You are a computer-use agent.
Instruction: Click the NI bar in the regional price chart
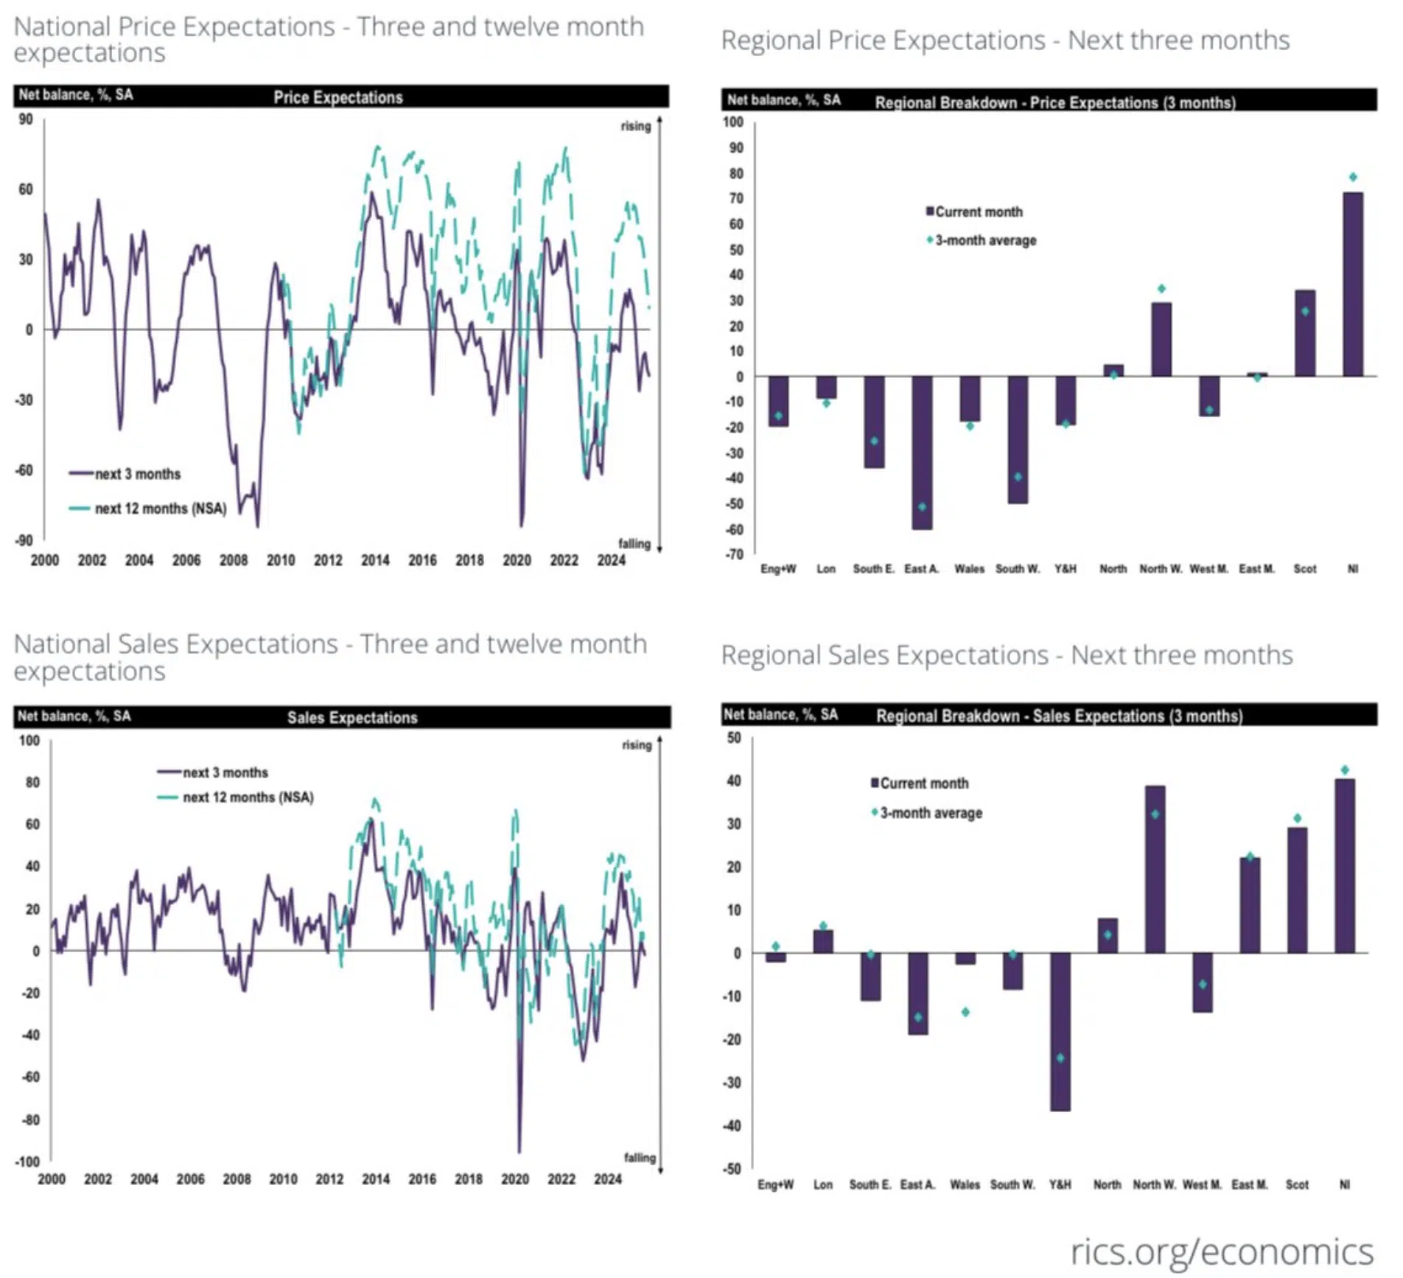pyautogui.click(x=1352, y=284)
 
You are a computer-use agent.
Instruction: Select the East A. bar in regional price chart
pyautogui.click(x=921, y=453)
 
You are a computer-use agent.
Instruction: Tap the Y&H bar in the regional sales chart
pyautogui.click(x=1060, y=1031)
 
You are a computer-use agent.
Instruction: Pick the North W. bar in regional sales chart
pyautogui.click(x=1155, y=870)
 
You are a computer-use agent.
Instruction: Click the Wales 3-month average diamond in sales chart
pyautogui.click(x=965, y=1012)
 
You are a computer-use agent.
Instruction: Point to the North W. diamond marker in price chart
pyautogui.click(x=1161, y=289)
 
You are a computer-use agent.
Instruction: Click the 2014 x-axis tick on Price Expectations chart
pyautogui.click(x=375, y=561)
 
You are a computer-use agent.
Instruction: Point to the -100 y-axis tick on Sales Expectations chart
pyautogui.click(x=29, y=1162)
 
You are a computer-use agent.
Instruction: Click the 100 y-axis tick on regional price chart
pyautogui.click(x=732, y=122)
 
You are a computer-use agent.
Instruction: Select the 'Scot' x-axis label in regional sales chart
pyautogui.click(x=1297, y=1184)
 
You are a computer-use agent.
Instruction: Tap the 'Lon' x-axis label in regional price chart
pyautogui.click(x=826, y=569)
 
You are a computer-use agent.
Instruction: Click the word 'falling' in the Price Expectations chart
pyautogui.click(x=634, y=544)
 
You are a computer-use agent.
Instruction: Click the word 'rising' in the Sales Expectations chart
pyautogui.click(x=637, y=745)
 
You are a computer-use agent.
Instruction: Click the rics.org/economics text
pyautogui.click(x=1221, y=1251)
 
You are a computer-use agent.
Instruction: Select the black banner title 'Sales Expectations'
pyautogui.click(x=352, y=718)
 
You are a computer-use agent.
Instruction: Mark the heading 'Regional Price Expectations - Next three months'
pyautogui.click(x=1005, y=41)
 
